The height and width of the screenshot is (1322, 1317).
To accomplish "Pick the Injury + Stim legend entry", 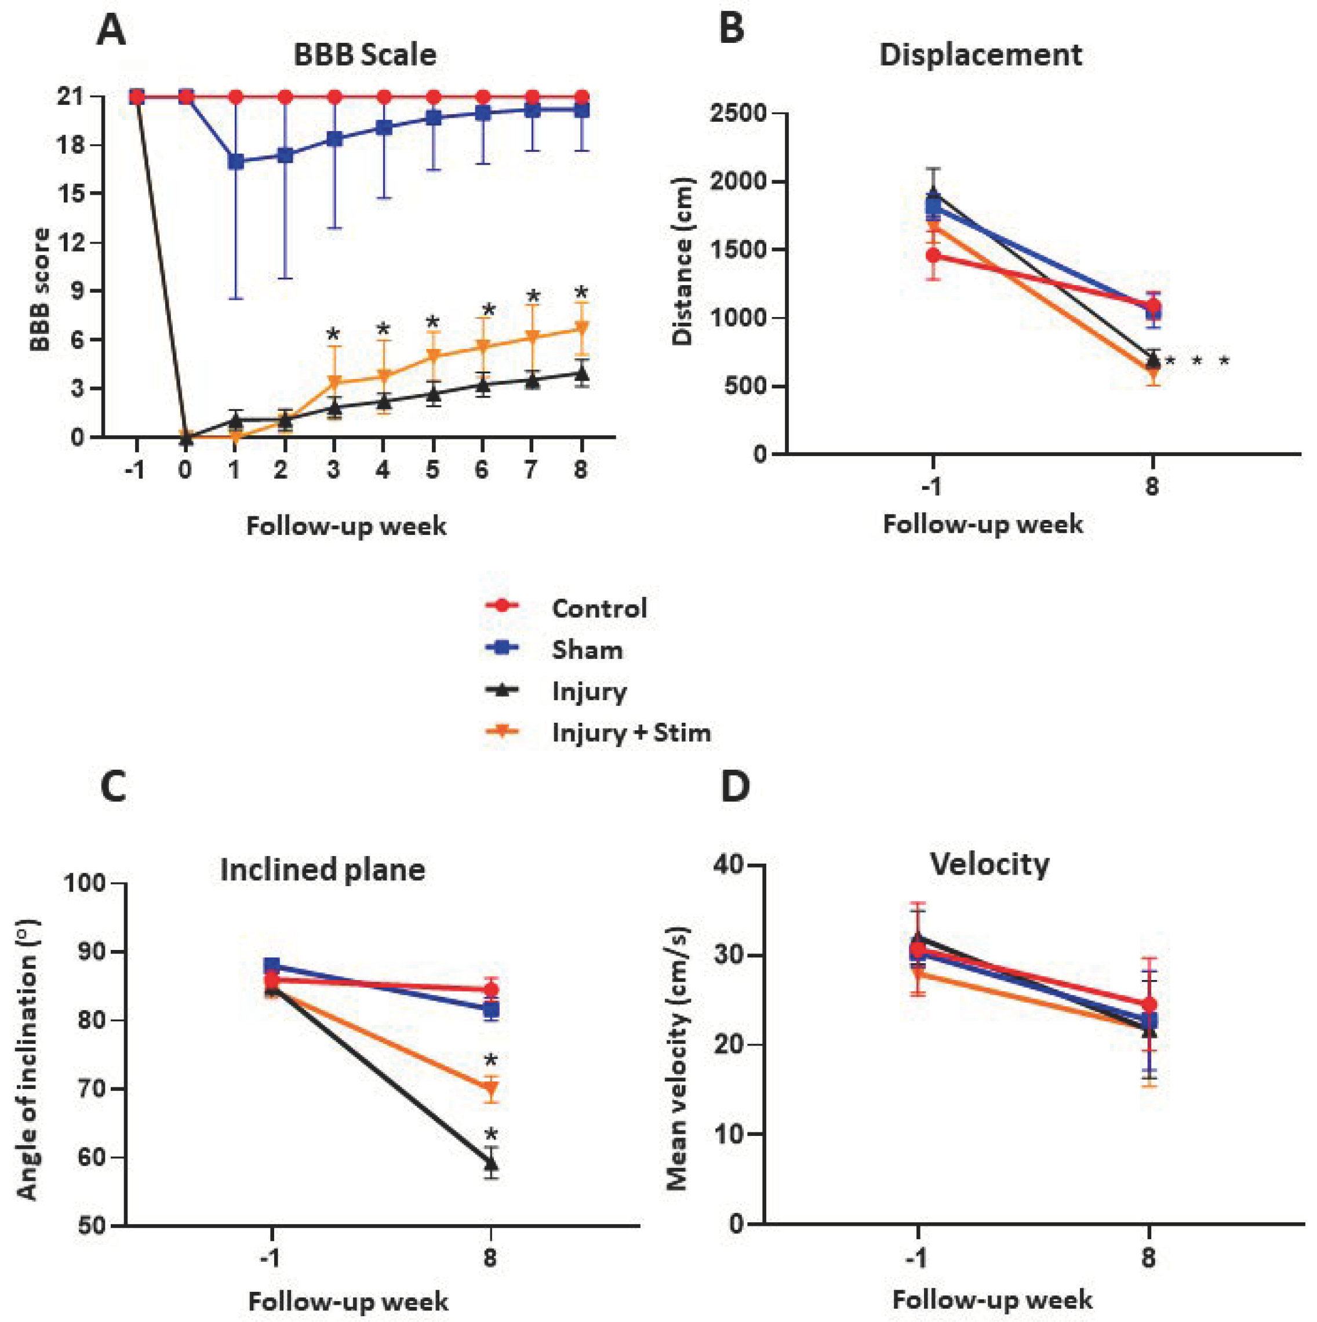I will (x=631, y=733).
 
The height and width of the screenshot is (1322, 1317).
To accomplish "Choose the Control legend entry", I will (x=599, y=609).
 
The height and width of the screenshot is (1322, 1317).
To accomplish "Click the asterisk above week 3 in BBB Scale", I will (x=333, y=336).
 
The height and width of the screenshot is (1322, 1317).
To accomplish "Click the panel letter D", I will (x=735, y=788).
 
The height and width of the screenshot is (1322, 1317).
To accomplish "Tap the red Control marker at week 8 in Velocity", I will (x=1149, y=1005).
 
